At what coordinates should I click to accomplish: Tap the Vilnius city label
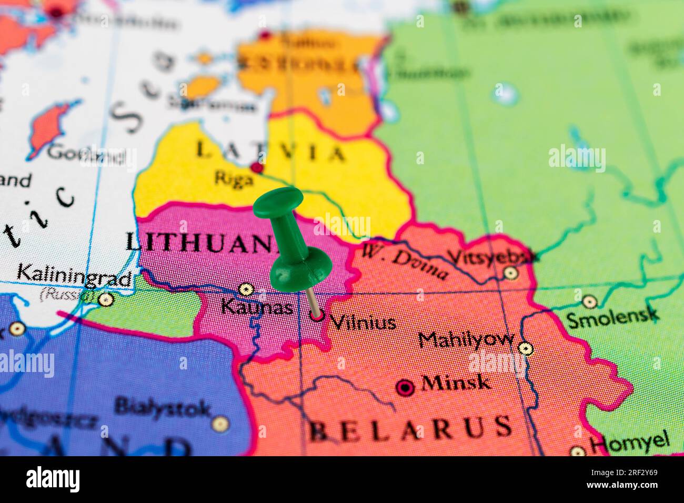(364, 321)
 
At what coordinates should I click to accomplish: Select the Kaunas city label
(257, 306)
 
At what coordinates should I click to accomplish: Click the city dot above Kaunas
(245, 289)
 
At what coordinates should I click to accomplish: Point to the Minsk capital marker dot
(405, 388)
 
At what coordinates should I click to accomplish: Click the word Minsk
(456, 383)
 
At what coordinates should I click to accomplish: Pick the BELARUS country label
(410, 428)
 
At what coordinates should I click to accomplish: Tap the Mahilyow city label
(466, 339)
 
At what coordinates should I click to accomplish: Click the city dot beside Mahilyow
(525, 348)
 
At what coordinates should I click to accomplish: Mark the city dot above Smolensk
(589, 301)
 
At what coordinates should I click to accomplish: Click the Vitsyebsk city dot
(510, 273)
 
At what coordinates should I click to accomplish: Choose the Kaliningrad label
(74, 275)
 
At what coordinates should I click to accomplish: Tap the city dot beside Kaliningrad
(106, 299)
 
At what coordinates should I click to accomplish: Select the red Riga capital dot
(257, 168)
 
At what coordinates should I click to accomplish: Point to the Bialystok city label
(163, 407)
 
